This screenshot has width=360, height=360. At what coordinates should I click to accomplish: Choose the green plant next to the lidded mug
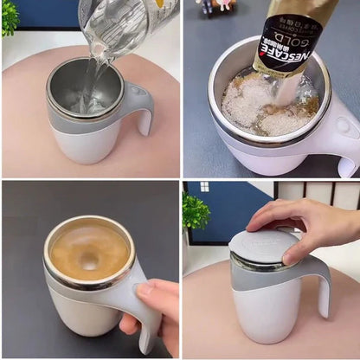[x=195, y=212]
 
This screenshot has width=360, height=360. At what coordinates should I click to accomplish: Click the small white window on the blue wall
[x=204, y=186]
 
